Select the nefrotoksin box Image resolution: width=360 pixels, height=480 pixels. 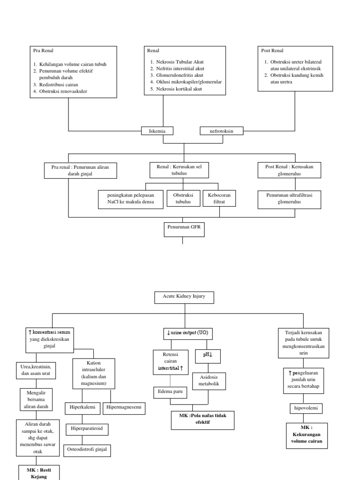[222, 131]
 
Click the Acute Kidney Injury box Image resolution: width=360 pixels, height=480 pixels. [184, 297]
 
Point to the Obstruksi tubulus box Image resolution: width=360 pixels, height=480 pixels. [183, 198]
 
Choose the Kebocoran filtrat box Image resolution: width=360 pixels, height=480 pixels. [219, 198]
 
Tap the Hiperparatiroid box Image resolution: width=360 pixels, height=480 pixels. [87, 428]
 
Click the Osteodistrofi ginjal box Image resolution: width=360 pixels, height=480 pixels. [88, 450]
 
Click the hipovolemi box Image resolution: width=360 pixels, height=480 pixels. [306, 408]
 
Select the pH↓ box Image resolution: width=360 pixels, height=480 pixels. [208, 355]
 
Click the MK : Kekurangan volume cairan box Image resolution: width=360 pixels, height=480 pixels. [307, 435]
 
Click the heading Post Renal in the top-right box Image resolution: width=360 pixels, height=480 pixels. [272, 51]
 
